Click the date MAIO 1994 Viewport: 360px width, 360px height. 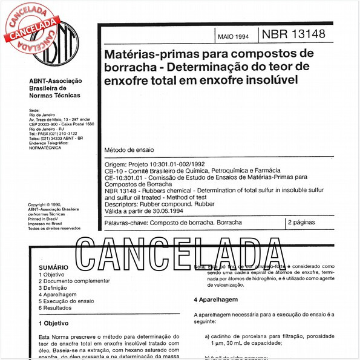(233, 34)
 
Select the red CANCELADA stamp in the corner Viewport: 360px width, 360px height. (28, 24)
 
